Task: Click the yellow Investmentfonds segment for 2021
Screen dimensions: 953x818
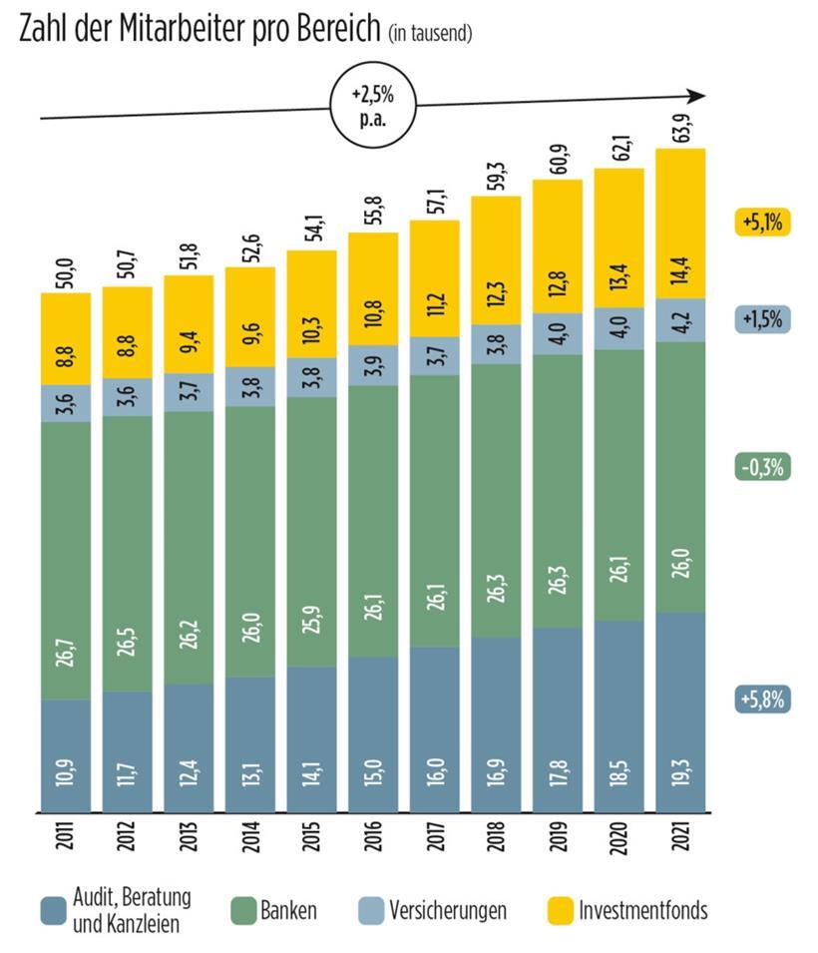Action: click(680, 224)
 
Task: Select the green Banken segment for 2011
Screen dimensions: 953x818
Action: click(65, 559)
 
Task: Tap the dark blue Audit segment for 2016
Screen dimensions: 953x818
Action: click(372, 733)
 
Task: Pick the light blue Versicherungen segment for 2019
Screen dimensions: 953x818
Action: click(557, 333)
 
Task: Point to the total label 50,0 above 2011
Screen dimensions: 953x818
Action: click(65, 271)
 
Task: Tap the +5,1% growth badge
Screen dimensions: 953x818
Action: click(763, 223)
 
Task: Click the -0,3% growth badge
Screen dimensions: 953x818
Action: click(763, 467)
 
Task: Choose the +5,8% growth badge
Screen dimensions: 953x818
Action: click(763, 700)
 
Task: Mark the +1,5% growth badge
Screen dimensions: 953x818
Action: click(763, 320)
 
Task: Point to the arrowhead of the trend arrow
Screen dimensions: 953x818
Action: click(697, 96)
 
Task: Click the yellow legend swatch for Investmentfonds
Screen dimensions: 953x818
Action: click(562, 910)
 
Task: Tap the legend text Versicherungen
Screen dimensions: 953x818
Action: click(448, 910)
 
